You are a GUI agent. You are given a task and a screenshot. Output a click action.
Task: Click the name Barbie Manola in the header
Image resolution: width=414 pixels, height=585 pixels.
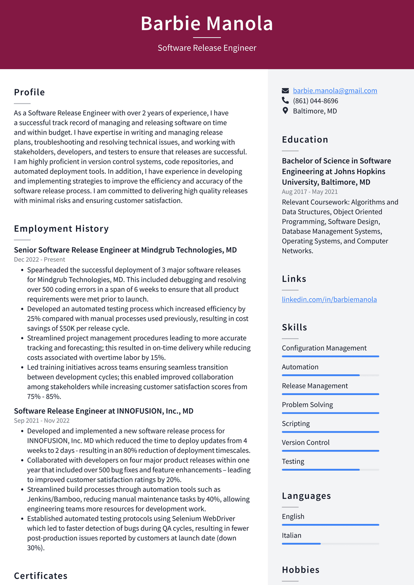[207, 23]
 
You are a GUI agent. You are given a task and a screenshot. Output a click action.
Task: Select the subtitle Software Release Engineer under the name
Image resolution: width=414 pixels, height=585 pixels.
[207, 48]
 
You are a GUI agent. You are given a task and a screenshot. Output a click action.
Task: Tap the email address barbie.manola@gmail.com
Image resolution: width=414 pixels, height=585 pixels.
[335, 91]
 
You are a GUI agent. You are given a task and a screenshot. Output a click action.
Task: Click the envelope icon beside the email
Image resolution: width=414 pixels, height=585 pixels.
[285, 91]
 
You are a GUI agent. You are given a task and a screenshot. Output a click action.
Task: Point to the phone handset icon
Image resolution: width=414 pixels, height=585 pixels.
[285, 101]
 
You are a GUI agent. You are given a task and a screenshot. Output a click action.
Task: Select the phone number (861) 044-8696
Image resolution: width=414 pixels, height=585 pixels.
[315, 101]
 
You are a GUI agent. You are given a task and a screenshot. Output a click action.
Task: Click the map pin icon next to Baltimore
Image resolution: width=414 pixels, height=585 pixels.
[285, 111]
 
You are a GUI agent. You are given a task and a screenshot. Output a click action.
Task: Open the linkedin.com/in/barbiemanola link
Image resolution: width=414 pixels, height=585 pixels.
[329, 300]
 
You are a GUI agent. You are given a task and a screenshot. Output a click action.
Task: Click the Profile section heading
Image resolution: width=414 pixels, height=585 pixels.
[30, 92]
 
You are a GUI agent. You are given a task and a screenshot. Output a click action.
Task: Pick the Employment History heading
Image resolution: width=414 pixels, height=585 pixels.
[61, 229]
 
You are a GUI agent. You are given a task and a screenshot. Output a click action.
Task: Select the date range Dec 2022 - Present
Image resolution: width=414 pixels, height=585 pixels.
[40, 260]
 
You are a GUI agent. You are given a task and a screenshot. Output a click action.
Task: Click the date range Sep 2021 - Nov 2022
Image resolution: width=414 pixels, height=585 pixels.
[42, 420]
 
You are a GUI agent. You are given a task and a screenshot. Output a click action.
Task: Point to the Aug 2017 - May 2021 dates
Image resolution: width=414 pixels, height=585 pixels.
[310, 192]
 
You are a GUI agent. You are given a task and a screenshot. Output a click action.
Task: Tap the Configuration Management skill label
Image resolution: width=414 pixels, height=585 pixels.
[324, 348]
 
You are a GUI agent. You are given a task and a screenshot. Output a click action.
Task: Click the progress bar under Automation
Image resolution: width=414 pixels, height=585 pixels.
[330, 375]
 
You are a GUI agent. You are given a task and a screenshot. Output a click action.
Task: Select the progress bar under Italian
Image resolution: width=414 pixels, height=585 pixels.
[330, 544]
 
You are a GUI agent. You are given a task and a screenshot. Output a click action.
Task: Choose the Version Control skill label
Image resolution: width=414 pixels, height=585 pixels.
[306, 443]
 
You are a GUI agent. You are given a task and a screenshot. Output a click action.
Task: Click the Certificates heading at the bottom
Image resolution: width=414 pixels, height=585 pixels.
[41, 576]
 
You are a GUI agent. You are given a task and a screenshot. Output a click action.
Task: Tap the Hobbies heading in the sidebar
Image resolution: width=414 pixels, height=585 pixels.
[300, 570]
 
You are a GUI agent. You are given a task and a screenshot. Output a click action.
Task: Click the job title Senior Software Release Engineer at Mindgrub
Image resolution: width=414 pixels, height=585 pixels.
[125, 250]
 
